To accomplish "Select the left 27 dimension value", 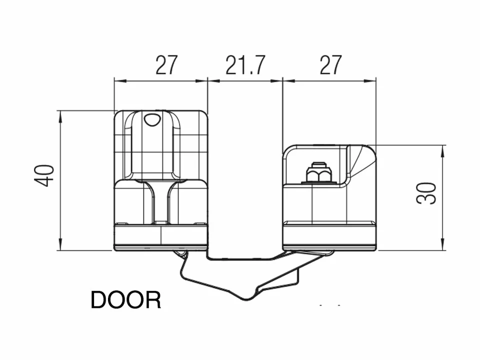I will pyautogui.click(x=166, y=65).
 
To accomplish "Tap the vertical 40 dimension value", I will pyautogui.click(x=46, y=175).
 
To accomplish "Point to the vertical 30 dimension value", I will pyautogui.click(x=426, y=193).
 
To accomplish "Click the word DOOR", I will pyautogui.click(x=125, y=300).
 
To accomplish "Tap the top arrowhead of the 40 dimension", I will pyautogui.click(x=60, y=114).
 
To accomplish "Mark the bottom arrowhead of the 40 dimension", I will pyautogui.click(x=60, y=246).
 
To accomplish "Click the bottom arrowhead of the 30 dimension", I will pyautogui.click(x=443, y=246).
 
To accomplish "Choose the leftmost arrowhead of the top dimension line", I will pyautogui.click(x=118, y=79).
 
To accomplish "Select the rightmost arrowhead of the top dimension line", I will pyautogui.click(x=372, y=79).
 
